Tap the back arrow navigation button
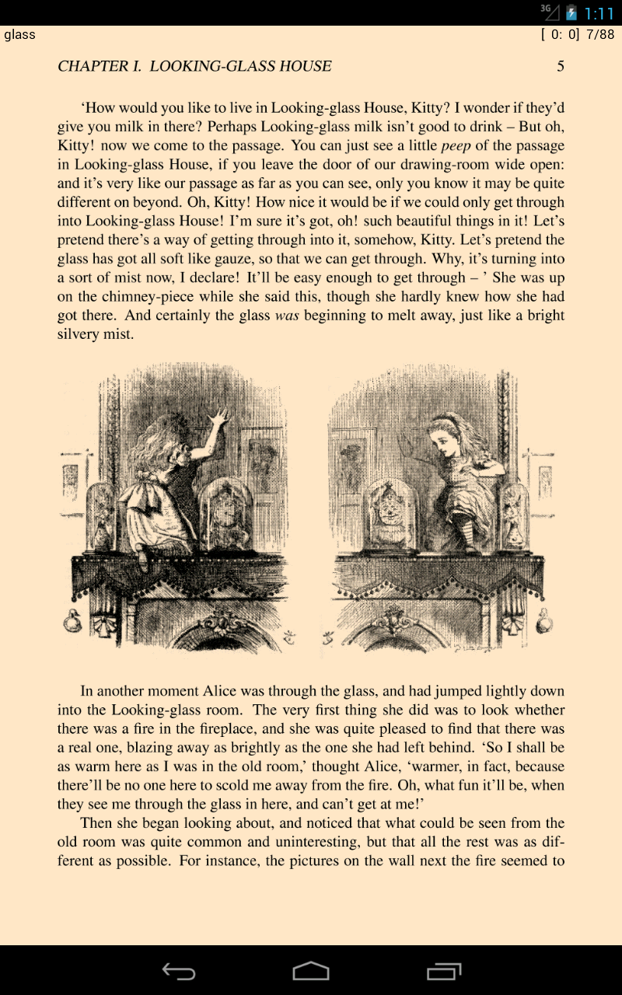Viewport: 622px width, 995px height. [178, 971]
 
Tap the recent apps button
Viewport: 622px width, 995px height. [444, 971]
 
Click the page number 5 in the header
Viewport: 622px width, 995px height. [561, 66]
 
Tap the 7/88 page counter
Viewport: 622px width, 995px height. [600, 34]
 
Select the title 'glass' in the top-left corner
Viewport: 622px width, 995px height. [19, 34]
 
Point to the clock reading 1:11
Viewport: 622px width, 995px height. [599, 13]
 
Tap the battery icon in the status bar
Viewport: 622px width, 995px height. [571, 12]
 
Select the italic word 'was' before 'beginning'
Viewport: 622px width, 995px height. [288, 316]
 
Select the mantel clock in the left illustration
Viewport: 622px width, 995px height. [223, 513]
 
